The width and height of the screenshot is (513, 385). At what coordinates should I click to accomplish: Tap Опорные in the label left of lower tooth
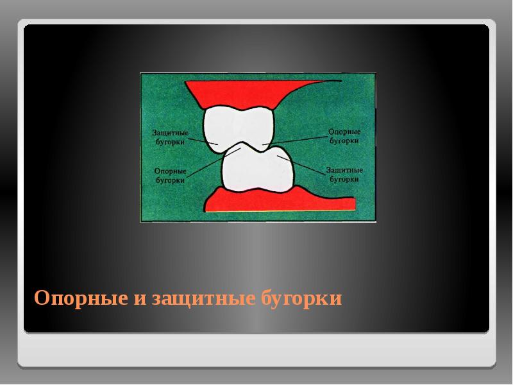(x=171, y=172)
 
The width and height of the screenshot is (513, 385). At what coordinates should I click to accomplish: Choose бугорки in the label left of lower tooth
(x=171, y=181)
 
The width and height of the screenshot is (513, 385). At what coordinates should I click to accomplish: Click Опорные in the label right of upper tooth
(x=343, y=131)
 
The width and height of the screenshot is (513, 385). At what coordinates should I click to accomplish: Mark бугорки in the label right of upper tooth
(x=343, y=140)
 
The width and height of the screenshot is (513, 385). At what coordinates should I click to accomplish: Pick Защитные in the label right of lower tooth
(x=344, y=171)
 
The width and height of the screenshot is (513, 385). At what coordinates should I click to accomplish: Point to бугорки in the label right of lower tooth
(x=344, y=180)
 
